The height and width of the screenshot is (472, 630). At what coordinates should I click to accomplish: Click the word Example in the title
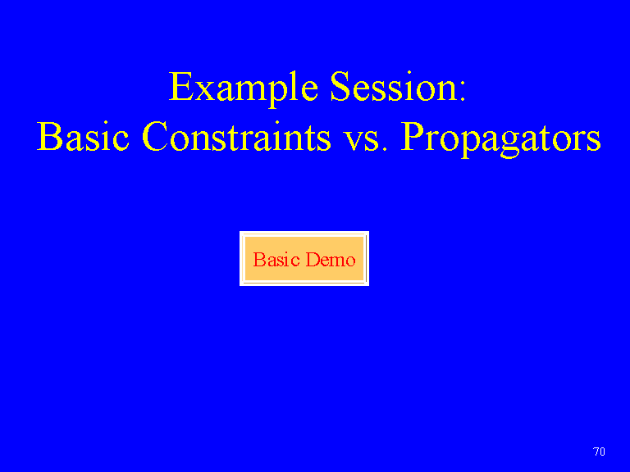coord(244,88)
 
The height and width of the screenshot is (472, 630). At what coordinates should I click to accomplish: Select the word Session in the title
coord(394,86)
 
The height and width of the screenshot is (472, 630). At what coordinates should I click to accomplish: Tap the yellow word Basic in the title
coord(83,136)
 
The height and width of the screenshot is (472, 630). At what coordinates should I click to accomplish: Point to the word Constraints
coord(236,136)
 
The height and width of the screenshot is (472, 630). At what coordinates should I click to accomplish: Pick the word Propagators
coord(501,138)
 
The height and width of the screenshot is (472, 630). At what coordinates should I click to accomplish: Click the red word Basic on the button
coord(276,259)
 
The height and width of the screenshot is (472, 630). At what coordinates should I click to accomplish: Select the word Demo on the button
coord(331,259)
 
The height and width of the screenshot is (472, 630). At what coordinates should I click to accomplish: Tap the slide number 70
coord(599,452)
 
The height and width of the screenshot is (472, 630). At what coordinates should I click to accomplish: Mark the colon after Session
coord(463,91)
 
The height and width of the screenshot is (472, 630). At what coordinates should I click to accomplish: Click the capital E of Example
coord(181,86)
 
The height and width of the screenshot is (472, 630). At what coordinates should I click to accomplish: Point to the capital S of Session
coord(340,86)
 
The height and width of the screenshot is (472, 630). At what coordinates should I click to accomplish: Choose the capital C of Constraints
coord(154,136)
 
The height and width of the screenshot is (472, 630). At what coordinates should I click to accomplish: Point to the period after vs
coord(386,148)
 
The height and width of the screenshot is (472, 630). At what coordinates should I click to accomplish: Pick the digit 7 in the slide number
coord(596,452)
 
